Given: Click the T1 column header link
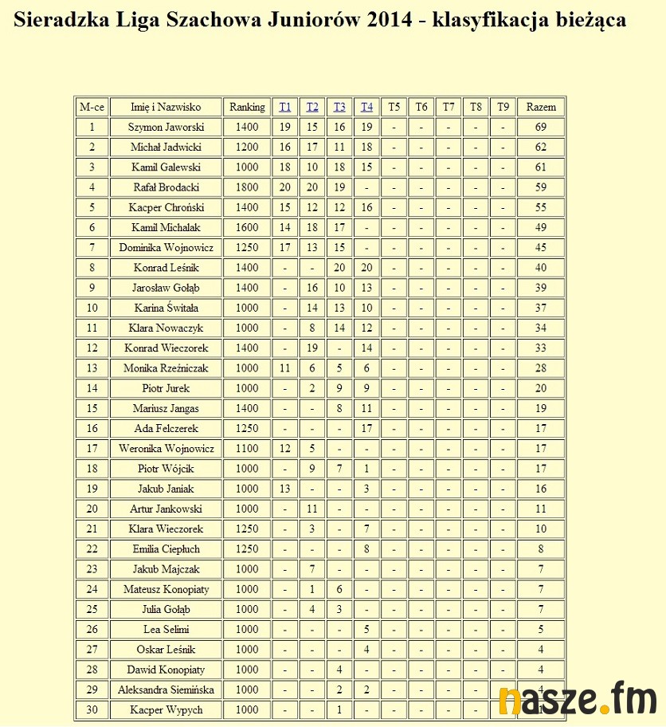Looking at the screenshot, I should tap(285, 107).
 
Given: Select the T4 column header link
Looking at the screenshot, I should tap(366, 107).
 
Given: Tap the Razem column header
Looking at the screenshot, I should tap(541, 107).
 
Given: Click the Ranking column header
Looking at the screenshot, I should tap(247, 107).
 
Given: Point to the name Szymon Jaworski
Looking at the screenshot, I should tap(166, 127).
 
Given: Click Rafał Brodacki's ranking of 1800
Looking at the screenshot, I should tap(247, 187).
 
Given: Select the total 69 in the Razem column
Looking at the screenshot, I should tap(541, 127).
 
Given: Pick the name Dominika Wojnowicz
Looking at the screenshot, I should tap(166, 248).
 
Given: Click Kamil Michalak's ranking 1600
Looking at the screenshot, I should tap(247, 228).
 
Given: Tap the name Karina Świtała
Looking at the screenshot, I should tap(166, 308).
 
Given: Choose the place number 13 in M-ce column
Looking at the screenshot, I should tap(92, 368).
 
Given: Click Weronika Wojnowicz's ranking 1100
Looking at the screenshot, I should tap(247, 449).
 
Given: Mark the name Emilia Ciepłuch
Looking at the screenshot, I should tap(166, 549).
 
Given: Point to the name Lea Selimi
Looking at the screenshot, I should tap(166, 630).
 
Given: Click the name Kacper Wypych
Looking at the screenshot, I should tap(166, 710).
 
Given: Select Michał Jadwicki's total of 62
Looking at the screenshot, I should tap(541, 147).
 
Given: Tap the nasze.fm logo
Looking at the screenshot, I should tap(578, 699).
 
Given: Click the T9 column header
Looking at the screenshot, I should tap(503, 107).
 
